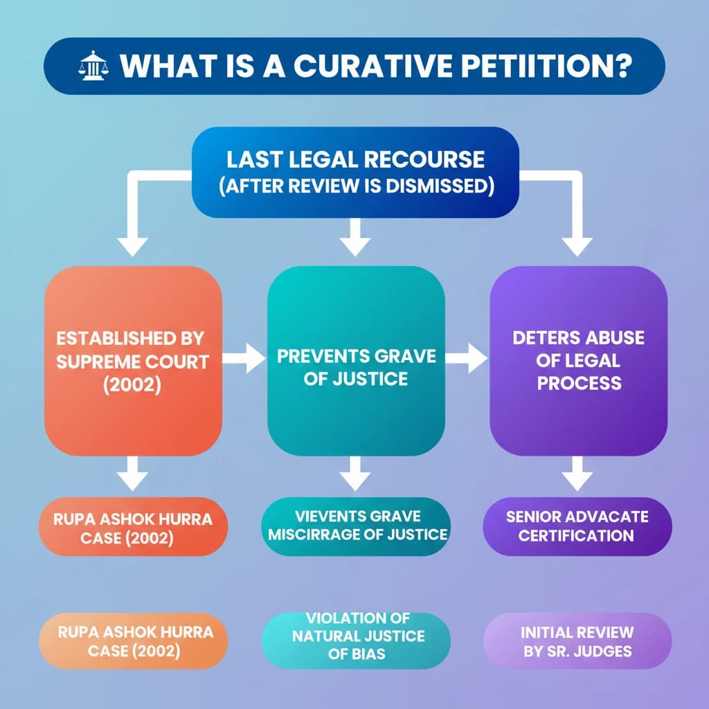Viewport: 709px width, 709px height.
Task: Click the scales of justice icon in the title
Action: [x=90, y=67]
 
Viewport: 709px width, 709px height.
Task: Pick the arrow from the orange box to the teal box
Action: [x=244, y=358]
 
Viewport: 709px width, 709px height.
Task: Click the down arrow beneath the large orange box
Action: [x=133, y=476]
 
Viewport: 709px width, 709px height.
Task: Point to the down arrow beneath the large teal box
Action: [x=355, y=476]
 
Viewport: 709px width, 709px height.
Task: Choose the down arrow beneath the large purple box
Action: [x=577, y=476]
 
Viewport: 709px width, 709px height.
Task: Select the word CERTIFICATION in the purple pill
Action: [x=576, y=535]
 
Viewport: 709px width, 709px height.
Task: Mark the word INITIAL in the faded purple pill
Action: [x=550, y=633]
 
